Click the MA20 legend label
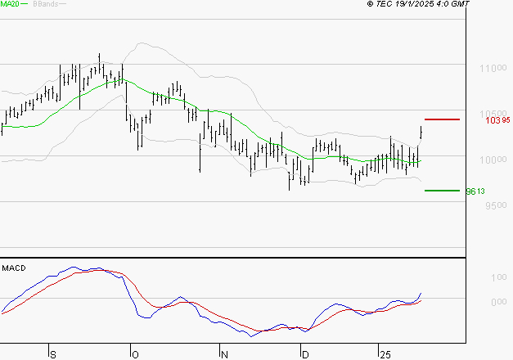10,4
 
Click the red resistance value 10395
497,120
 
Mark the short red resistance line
442,119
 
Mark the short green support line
442,190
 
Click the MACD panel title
14,268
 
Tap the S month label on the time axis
53,354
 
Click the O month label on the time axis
134,354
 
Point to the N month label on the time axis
223,354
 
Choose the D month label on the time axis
305,354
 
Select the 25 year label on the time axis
385,354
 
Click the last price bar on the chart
421,131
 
